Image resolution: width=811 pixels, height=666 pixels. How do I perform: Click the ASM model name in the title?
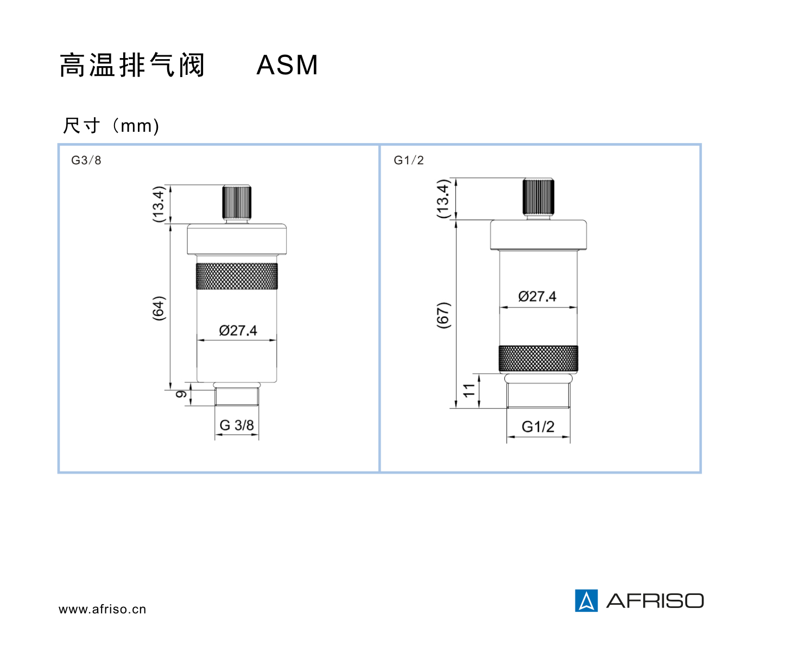(287, 65)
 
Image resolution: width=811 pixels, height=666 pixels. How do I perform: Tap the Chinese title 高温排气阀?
(131, 65)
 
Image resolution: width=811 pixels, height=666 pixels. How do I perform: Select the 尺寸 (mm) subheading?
(111, 126)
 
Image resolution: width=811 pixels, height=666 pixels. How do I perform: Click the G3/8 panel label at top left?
(86, 160)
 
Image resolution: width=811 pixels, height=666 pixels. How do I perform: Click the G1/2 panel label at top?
(408, 160)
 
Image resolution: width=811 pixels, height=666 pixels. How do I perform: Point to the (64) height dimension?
(159, 308)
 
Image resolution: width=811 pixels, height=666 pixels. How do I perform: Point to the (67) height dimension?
(443, 315)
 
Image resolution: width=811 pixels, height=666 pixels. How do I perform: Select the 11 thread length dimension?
(469, 390)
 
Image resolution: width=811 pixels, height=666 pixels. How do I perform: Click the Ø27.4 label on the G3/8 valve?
(238, 330)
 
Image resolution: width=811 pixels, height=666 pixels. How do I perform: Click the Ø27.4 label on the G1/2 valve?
(537, 296)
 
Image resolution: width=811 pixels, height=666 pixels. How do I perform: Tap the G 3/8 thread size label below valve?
(237, 425)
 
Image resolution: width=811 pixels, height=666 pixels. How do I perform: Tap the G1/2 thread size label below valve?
(537, 427)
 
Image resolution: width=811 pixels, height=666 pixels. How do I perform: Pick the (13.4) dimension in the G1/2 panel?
(443, 199)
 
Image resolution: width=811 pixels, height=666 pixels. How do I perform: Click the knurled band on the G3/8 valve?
(237, 276)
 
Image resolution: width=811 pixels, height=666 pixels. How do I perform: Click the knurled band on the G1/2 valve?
(538, 358)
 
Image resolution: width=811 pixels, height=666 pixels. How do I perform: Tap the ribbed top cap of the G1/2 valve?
(538, 196)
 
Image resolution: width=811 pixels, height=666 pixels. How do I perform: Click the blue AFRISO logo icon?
(586, 600)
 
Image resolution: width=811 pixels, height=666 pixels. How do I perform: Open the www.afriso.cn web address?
(102, 609)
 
